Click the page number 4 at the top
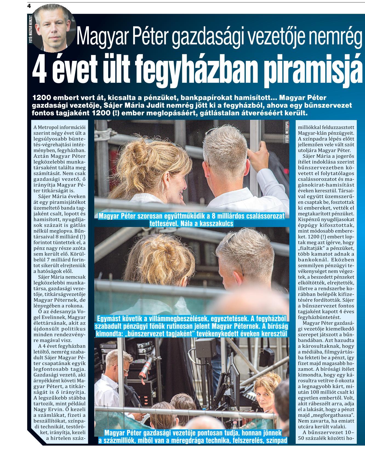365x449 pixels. [29, 6]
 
